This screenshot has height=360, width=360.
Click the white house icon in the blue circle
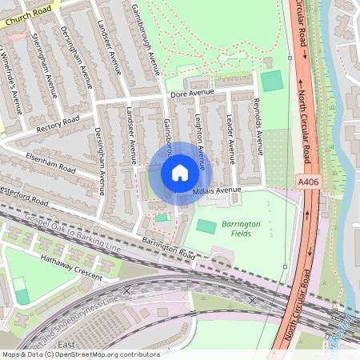coord(179,173)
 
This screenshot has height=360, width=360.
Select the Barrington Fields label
coord(241,229)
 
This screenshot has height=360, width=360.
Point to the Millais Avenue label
coord(217,190)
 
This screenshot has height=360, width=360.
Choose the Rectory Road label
coord(58,123)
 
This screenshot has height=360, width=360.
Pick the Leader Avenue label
coord(230,136)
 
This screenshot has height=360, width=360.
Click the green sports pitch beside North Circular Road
coord(272,81)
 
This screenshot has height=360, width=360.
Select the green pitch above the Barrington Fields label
coord(206,226)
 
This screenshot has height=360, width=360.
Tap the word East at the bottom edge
coord(66,345)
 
